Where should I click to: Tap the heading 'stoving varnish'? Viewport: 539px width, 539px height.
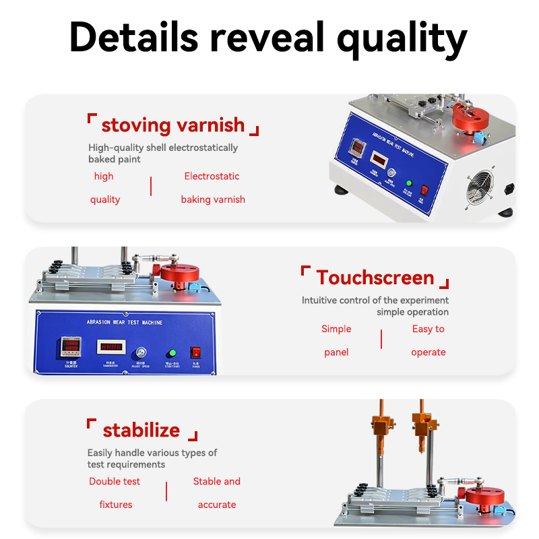click(x=173, y=125)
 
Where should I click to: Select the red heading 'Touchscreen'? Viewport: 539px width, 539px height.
click(x=375, y=278)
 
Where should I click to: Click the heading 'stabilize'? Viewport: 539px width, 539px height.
click(x=141, y=430)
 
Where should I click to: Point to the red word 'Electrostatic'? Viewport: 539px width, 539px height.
click(x=212, y=177)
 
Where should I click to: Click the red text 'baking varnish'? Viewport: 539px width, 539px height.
click(x=213, y=199)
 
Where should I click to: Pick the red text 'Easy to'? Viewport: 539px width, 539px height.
click(x=429, y=329)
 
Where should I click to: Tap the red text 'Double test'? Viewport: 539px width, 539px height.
click(x=115, y=481)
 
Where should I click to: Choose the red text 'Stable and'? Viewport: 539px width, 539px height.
click(x=217, y=481)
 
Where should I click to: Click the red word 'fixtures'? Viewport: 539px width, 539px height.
click(x=116, y=505)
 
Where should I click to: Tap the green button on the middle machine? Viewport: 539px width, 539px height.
click(x=172, y=352)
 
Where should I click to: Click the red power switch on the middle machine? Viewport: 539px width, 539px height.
click(x=196, y=352)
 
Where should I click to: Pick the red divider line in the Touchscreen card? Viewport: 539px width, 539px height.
click(x=381, y=340)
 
